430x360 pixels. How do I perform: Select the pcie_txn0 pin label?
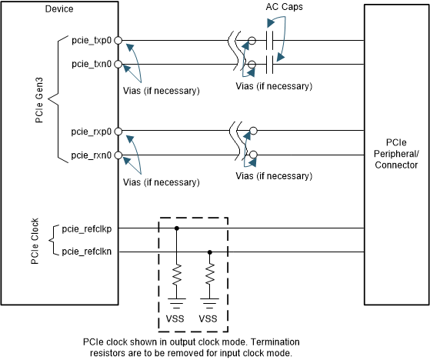[91, 64]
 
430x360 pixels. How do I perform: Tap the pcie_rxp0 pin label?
[91, 132]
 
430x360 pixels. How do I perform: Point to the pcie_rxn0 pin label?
[91, 155]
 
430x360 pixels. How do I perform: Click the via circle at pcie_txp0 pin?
[118, 41]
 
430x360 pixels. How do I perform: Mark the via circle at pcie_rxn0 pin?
[118, 155]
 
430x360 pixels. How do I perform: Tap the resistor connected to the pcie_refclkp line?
[177, 274]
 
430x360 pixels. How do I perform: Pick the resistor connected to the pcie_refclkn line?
[210, 274]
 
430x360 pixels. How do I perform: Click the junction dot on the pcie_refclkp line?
[177, 228]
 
